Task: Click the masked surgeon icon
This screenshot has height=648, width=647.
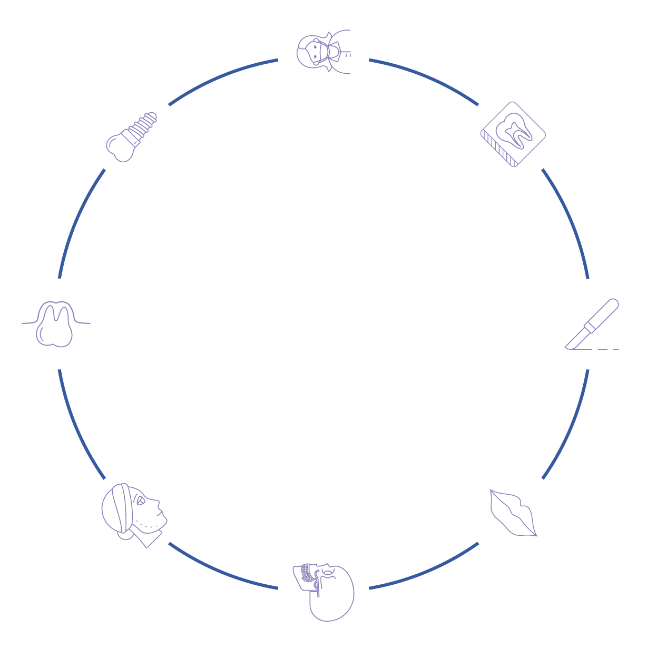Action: click(323, 55)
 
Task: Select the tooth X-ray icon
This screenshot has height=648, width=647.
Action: click(513, 134)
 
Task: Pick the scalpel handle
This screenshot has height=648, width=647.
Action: click(605, 312)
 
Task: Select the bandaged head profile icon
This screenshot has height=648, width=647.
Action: click(134, 514)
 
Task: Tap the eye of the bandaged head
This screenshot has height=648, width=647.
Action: click(141, 502)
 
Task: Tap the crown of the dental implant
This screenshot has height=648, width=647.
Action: click(121, 148)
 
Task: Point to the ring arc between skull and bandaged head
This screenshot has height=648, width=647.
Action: click(221, 572)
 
